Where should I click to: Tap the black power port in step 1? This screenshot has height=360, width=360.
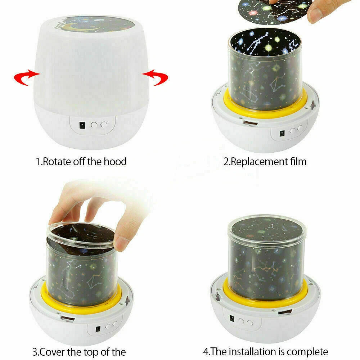click(x=82, y=125)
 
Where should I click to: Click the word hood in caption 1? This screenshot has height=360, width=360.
click(x=115, y=161)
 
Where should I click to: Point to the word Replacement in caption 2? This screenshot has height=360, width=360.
click(x=258, y=161)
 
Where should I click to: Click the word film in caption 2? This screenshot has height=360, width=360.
click(x=297, y=161)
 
